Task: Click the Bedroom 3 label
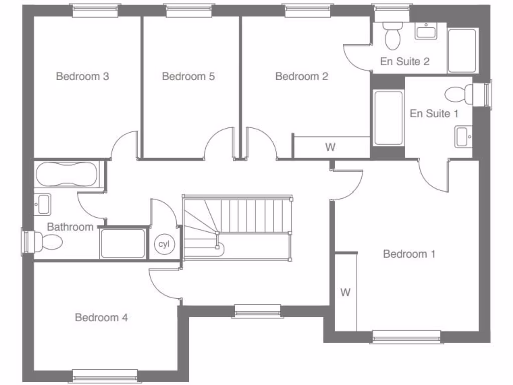82,77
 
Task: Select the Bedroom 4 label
101,318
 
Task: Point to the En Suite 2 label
405,62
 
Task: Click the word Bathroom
70,227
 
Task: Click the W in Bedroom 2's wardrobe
330,147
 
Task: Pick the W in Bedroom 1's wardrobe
345,293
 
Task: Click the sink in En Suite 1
462,136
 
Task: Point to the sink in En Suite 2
426,32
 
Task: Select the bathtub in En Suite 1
388,117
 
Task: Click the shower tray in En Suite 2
462,50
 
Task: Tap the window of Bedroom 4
105,375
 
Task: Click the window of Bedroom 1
406,336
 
